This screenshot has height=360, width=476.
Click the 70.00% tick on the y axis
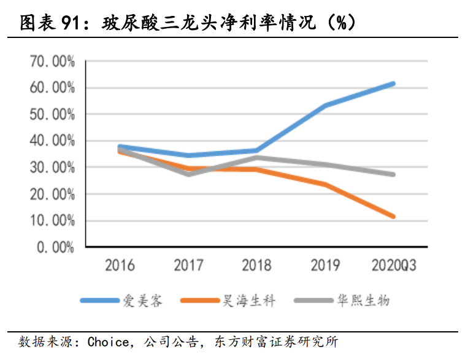point(52,61)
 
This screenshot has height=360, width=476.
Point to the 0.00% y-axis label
point(55,247)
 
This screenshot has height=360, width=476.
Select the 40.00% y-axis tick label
point(52,141)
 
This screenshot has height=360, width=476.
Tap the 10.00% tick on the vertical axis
point(52,221)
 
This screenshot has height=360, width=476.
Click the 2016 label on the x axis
point(120,266)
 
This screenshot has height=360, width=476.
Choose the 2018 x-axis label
point(256,266)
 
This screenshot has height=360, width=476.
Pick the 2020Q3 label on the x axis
point(393,266)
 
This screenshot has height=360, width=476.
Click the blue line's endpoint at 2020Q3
point(393,83)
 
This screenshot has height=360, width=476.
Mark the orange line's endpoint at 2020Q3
point(393,216)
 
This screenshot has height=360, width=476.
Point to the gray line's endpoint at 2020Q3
point(393,174)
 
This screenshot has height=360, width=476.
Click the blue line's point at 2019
point(324,105)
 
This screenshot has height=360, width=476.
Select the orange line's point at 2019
point(324,184)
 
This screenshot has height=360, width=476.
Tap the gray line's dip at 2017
point(188,174)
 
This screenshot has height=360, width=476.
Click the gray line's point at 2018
point(256,157)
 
